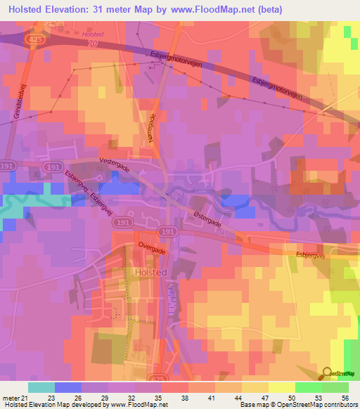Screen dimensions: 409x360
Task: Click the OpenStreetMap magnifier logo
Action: click(x=327, y=374)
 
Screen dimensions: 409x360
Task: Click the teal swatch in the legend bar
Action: click(x=41, y=387)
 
